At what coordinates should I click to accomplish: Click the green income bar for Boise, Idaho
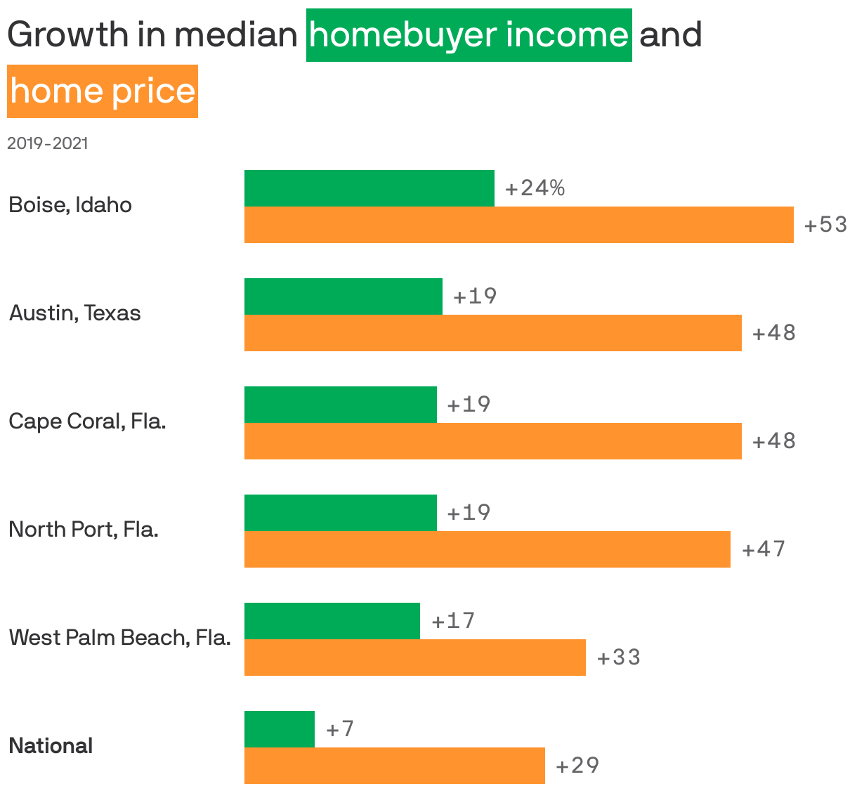click(369, 188)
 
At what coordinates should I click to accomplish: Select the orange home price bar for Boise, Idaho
click(518, 225)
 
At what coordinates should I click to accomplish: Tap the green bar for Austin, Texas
click(343, 296)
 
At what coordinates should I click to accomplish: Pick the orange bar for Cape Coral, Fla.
click(492, 441)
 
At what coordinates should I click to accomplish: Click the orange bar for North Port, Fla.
click(487, 549)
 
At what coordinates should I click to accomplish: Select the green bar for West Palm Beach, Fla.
click(332, 621)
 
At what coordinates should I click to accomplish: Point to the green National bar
click(279, 729)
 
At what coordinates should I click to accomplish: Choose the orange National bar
click(394, 766)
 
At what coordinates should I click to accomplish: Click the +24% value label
click(535, 188)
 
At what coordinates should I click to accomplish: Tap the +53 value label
click(825, 225)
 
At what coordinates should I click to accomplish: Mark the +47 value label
click(764, 549)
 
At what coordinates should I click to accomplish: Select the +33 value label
click(619, 658)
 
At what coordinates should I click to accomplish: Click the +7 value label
click(340, 729)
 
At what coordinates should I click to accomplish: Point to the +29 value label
click(577, 766)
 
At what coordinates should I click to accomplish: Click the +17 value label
click(453, 621)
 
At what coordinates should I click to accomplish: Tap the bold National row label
click(51, 746)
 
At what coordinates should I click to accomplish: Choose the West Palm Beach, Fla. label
click(120, 638)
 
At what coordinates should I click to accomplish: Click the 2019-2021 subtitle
click(48, 143)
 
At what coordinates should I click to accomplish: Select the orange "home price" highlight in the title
click(103, 91)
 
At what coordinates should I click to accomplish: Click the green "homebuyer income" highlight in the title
click(469, 35)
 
